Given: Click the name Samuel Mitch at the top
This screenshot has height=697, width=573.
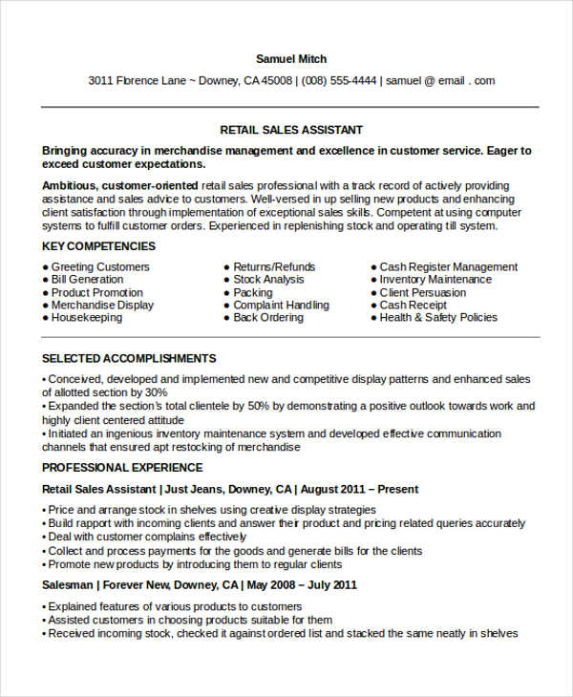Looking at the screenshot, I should [291, 59].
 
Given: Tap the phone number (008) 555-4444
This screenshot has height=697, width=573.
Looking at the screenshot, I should [339, 81].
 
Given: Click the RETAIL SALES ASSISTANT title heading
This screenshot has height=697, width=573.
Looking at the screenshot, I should [291, 130].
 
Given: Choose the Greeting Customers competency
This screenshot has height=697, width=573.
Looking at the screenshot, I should [100, 267].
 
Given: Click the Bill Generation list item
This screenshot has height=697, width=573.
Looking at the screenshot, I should [88, 280].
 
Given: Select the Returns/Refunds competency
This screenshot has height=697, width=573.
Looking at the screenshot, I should [274, 267].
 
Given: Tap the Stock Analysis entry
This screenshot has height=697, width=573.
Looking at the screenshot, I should [269, 280].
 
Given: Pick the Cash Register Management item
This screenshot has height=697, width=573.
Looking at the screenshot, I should [449, 267].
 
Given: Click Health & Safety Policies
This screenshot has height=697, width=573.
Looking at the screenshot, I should [438, 317].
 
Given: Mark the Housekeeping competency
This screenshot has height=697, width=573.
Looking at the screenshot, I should [87, 317].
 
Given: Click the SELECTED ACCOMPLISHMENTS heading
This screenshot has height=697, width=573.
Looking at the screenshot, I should [129, 359].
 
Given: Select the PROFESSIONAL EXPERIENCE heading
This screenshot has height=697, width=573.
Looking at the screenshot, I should [122, 468].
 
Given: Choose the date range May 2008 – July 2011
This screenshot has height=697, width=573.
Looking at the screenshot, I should [303, 584].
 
